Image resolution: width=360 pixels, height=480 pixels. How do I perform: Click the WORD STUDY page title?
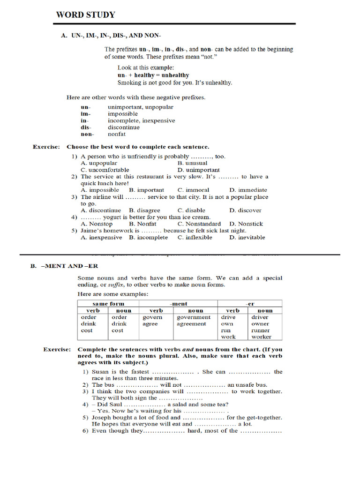tap(85, 15)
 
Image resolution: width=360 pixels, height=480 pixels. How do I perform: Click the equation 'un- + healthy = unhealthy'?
tap(153, 75)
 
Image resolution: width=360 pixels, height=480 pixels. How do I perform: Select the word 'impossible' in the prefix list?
tap(123, 114)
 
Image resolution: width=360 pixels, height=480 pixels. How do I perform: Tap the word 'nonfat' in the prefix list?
tap(117, 134)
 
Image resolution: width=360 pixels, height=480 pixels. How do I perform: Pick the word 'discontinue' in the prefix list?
tap(124, 127)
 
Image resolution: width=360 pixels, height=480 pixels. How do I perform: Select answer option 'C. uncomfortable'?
tap(105, 170)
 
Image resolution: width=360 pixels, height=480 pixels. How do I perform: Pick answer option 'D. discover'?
tap(246, 210)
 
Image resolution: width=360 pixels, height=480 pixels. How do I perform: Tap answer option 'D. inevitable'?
tap(247, 238)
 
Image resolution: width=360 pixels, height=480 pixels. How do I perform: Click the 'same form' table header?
tap(108, 304)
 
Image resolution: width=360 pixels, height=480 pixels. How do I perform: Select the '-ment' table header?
tap(179, 304)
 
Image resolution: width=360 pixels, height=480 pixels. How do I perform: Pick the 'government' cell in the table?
tap(194, 317)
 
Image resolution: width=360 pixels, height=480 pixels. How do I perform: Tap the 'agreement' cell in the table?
tap(191, 324)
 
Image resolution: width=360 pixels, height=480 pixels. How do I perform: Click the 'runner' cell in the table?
tap(261, 330)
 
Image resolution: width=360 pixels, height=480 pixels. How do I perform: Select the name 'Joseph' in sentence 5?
tap(102, 418)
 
